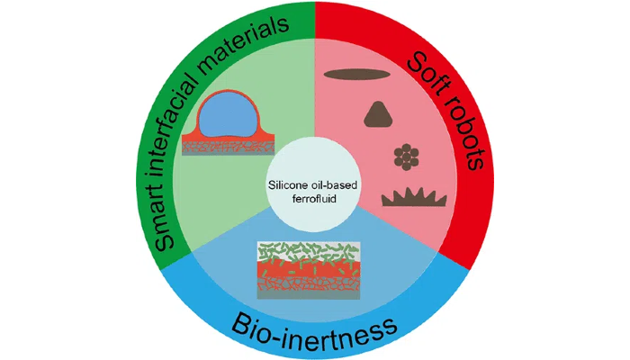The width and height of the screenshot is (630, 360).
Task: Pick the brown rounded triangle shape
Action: (376, 113)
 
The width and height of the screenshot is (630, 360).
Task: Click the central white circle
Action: (314, 171)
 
